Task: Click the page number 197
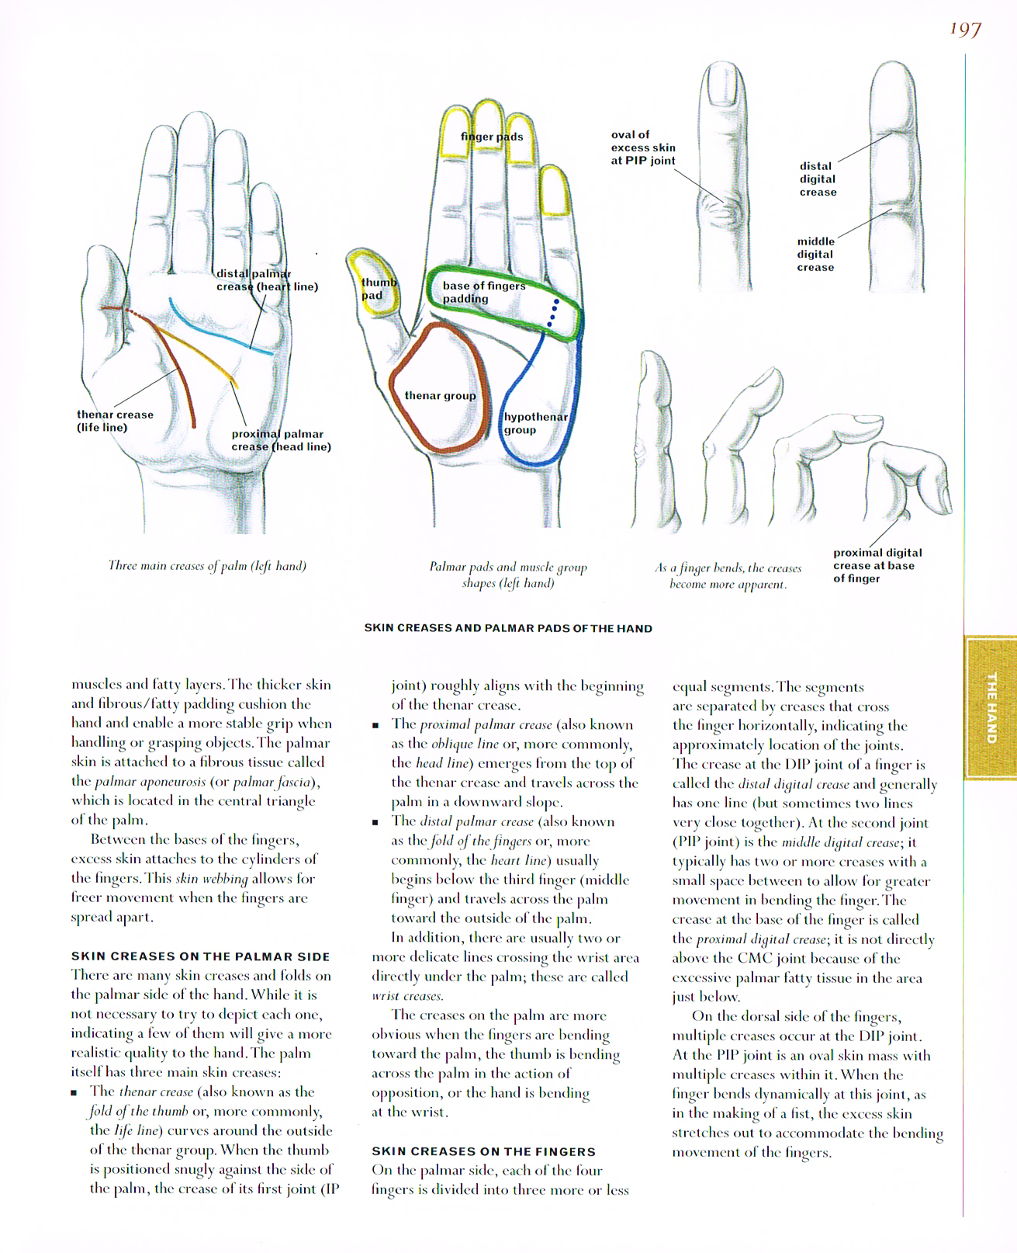pos(965,30)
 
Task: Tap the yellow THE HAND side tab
pos(991,707)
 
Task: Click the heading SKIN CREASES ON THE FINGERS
pos(483,1151)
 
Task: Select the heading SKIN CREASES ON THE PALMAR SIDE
pos(200,956)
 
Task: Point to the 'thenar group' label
pos(440,396)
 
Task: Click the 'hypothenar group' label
pos(535,423)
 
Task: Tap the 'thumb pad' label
pos(378,289)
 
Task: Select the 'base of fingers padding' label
pos(483,292)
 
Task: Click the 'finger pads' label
pos(492,137)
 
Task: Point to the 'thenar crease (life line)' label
pos(115,421)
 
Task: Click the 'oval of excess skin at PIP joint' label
pos(642,148)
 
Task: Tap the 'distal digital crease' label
pos(818,179)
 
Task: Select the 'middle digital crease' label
pos(815,254)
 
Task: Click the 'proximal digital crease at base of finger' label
pos(877,565)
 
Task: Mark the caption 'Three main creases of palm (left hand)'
pos(207,566)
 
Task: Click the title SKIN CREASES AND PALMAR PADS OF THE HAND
pos(508,628)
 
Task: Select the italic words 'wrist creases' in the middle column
pos(406,996)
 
